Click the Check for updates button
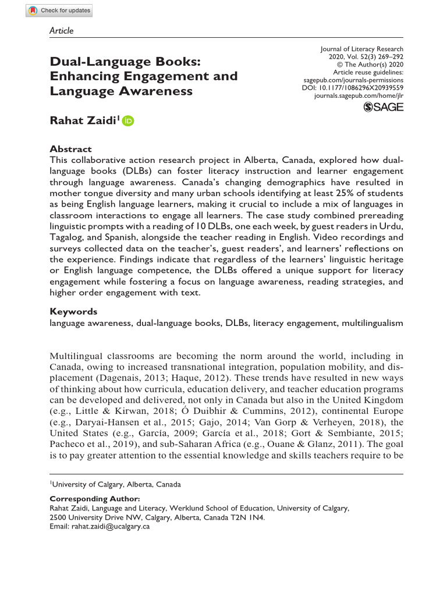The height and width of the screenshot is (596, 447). pyautogui.click(x=59, y=10)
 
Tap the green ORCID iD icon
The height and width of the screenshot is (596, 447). pyautogui.click(x=128, y=121)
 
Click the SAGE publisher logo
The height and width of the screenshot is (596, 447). pyautogui.click(x=383, y=107)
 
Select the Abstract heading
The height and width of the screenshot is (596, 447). pyautogui.click(x=70, y=149)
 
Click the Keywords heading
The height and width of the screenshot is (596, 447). pyautogui.click(x=73, y=311)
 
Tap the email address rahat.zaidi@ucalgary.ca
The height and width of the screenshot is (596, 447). pyautogui.click(x=111, y=526)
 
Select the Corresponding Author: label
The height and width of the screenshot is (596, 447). pyautogui.click(x=95, y=499)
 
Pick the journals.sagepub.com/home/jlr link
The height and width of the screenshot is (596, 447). pyautogui.click(x=358, y=95)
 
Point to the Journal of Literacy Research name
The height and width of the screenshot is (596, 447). pyautogui.click(x=362, y=49)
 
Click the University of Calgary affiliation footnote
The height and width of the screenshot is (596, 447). pyautogui.click(x=116, y=484)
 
